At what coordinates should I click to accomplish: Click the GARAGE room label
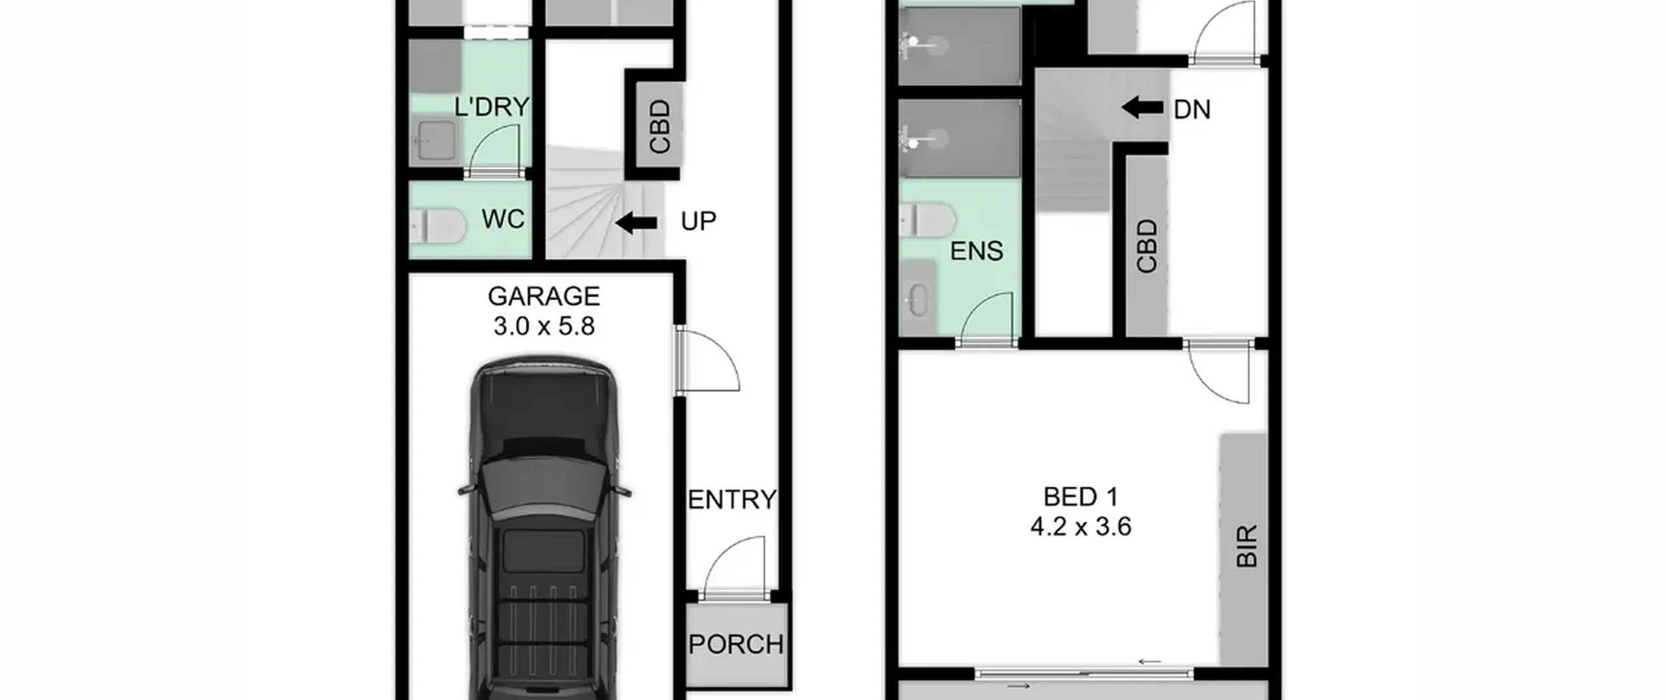point(543,296)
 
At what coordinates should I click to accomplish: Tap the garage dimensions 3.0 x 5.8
point(543,326)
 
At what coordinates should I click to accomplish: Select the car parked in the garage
point(544,527)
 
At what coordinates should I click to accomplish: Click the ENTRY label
point(732,499)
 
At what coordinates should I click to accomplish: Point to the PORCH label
point(736,644)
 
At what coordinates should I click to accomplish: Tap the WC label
point(503,219)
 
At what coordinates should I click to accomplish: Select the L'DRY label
point(491,107)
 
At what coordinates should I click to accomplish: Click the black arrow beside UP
point(636,223)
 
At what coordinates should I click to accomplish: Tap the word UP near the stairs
point(698,221)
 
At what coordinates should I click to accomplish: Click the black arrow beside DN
point(1142,107)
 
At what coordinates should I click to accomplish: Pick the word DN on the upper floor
point(1192,109)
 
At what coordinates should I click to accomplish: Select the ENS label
point(976,251)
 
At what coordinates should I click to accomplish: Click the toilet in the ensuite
point(927,220)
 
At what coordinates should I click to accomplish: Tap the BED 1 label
point(1081,497)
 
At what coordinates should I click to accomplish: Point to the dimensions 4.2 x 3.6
point(1081,526)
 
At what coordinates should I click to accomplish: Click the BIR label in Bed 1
point(1246,546)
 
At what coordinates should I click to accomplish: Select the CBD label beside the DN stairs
point(1147,245)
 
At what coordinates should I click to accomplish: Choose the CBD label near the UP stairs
point(660,126)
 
